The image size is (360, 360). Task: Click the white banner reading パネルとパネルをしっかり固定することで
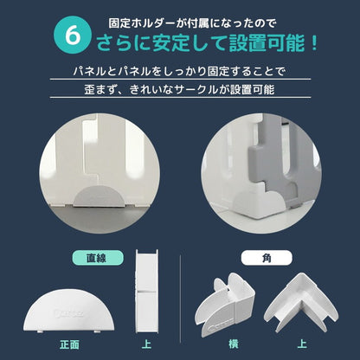(x=179, y=72)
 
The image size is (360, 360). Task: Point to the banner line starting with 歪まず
(x=179, y=89)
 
